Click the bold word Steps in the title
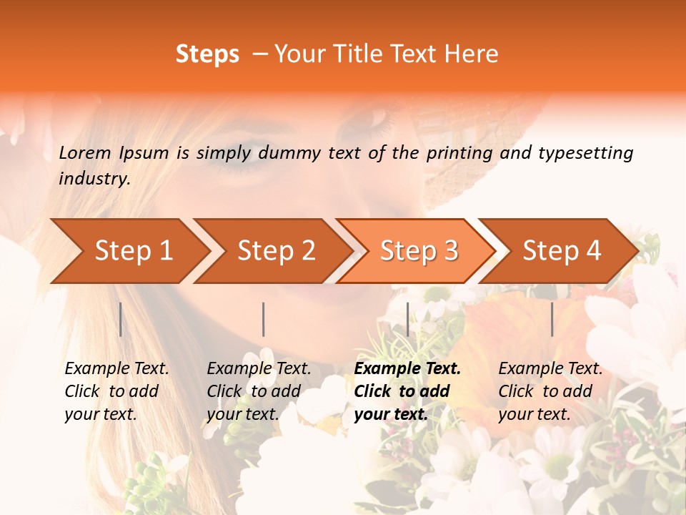pyautogui.click(x=207, y=54)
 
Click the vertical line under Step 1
pyautogui.click(x=121, y=319)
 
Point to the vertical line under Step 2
pyautogui.click(x=264, y=319)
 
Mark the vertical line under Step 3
pyautogui.click(x=408, y=319)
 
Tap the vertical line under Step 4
pyautogui.click(x=552, y=319)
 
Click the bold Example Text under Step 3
pyautogui.click(x=407, y=368)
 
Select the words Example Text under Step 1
pyautogui.click(x=116, y=368)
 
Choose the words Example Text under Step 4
pyautogui.click(x=550, y=368)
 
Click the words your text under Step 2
pyautogui.click(x=242, y=414)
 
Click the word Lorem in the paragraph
pyautogui.click(x=85, y=152)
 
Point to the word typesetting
pyautogui.click(x=585, y=152)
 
